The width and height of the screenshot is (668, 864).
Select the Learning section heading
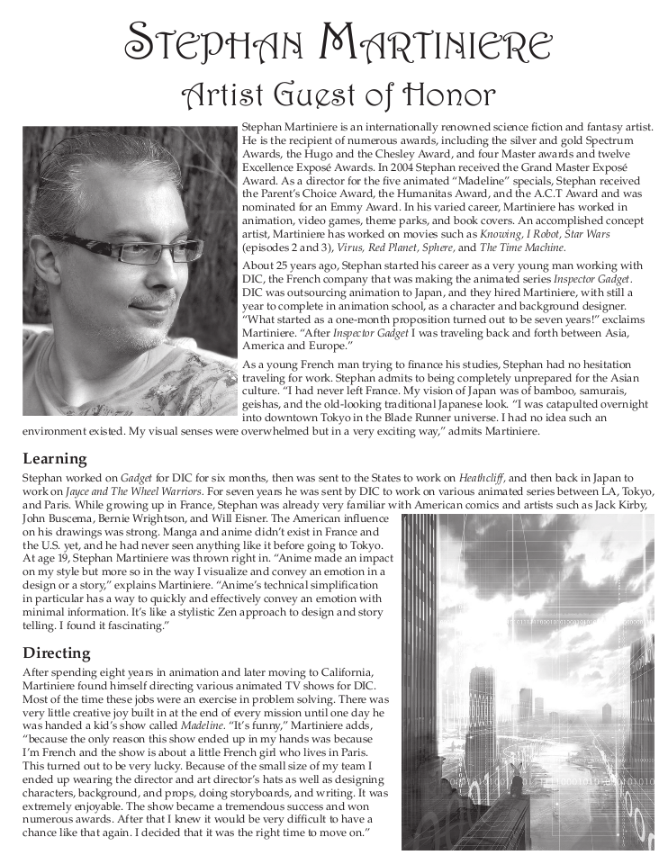point(54,458)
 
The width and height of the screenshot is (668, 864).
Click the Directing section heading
point(57,652)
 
